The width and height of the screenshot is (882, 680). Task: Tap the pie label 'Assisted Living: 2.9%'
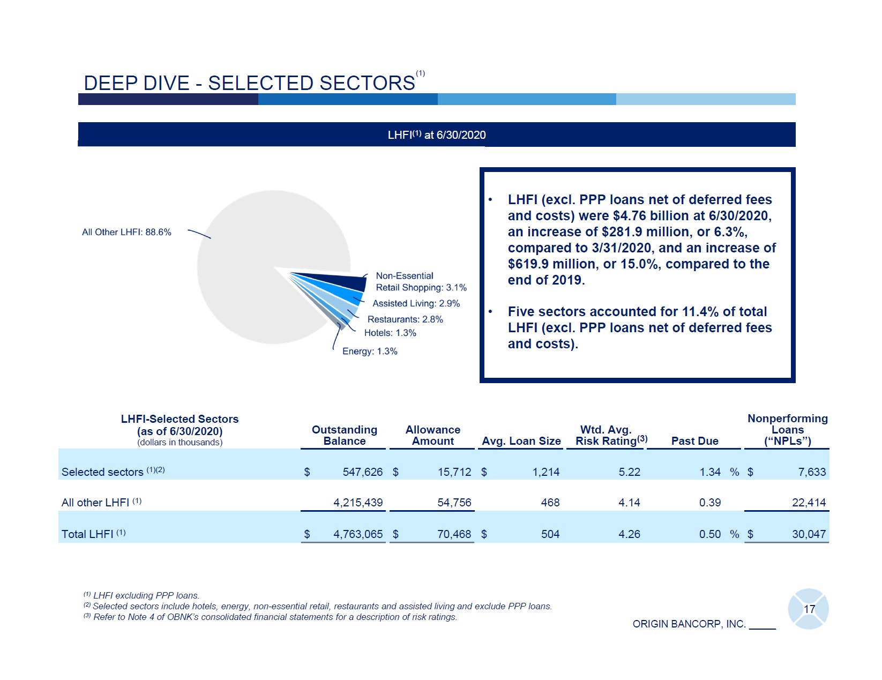416,303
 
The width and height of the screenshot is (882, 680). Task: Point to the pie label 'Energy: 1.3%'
370,352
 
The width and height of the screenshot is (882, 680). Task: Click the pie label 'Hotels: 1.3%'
390,333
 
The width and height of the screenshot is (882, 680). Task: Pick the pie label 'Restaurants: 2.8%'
405,319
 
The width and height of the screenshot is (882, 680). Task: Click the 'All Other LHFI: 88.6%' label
126,232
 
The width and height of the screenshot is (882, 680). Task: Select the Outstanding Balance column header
344,435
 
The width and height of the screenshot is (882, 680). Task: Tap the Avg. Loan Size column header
521,441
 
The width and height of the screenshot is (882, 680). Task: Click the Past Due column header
694,441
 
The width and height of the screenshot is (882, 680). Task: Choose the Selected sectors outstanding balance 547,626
362,472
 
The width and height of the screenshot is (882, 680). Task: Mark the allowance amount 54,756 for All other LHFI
454,503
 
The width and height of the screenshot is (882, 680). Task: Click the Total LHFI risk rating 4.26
629,534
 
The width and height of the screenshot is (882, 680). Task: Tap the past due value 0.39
709,503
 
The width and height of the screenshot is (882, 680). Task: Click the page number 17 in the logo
809,609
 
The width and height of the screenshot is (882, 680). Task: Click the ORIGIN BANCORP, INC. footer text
689,624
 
